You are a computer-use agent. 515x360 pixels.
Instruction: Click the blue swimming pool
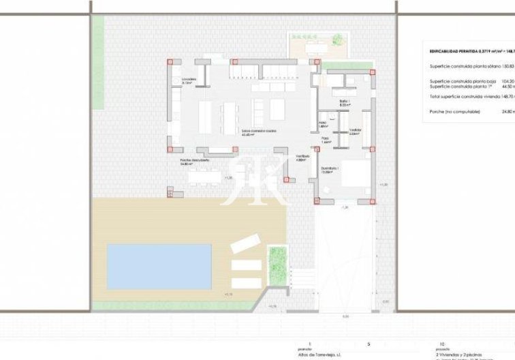point(158,265)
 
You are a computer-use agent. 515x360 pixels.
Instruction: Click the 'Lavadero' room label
point(189,80)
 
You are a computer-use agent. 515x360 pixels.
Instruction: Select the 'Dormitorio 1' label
point(330,170)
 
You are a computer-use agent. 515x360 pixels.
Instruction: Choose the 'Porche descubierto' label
point(194,161)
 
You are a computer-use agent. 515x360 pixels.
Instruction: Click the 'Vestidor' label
point(356,130)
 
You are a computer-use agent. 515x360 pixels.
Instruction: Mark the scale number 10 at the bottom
point(443,344)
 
